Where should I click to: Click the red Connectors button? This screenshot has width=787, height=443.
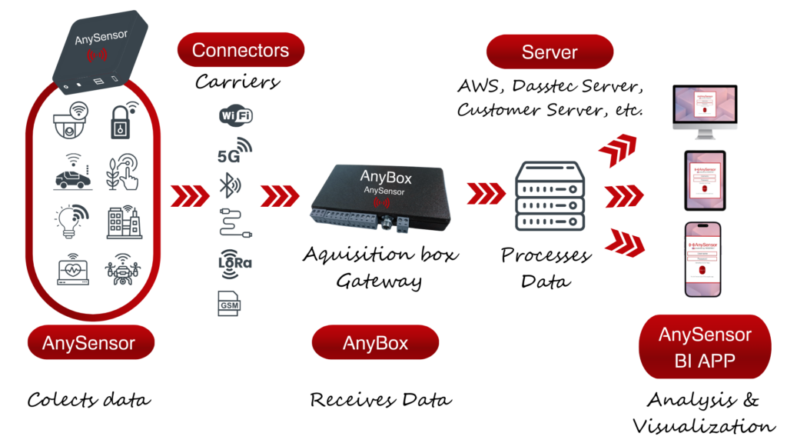241,51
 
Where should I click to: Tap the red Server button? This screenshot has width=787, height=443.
550,52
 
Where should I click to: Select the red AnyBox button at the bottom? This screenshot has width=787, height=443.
375,343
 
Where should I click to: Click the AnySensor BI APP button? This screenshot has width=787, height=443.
705,347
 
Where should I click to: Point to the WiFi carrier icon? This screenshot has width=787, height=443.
236,116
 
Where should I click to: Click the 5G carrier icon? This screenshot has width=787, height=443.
234,152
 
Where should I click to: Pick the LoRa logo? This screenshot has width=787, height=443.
235,261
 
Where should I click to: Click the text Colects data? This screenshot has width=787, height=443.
89,400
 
